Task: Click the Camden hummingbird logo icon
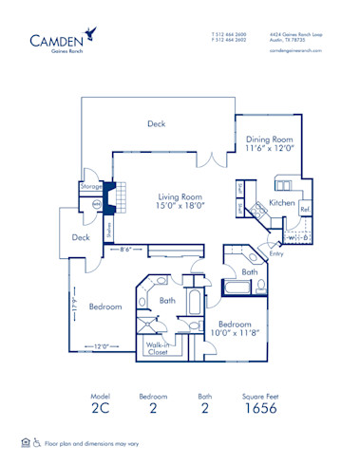[x=90, y=34]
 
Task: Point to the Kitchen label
[x=283, y=204]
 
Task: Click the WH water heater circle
[x=96, y=203]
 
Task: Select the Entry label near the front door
[x=276, y=253]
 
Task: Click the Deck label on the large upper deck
[x=157, y=123]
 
